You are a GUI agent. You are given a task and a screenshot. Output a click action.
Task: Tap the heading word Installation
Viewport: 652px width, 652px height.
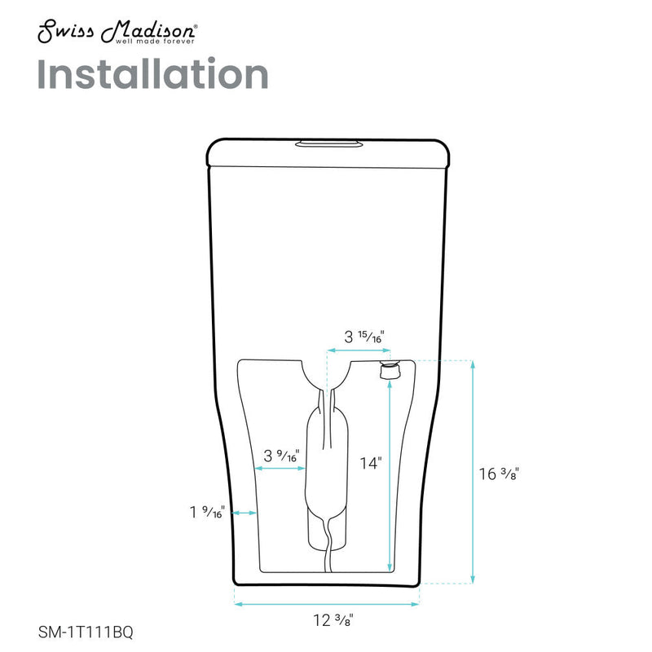tap(152, 75)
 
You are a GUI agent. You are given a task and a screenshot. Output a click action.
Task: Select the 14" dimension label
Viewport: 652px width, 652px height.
tap(371, 463)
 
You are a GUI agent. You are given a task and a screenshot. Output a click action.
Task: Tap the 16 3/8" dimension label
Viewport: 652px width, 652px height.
tap(499, 474)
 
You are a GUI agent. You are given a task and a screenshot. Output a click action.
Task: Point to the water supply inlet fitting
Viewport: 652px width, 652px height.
tap(390, 371)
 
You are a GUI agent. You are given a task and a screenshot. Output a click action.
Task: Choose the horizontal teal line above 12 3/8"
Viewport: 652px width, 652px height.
tap(327, 604)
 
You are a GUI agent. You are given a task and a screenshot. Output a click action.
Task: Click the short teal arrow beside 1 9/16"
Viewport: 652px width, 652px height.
tap(244, 513)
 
